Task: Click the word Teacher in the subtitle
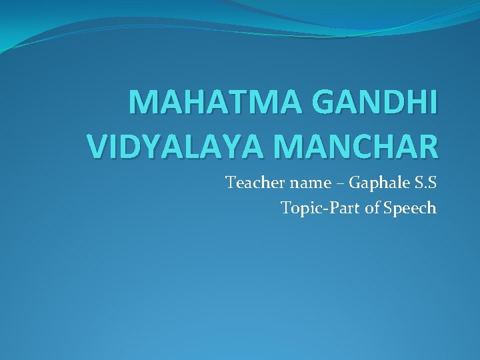pyautogui.click(x=251, y=182)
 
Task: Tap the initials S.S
pyautogui.click(x=423, y=182)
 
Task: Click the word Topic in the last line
pyautogui.click(x=298, y=208)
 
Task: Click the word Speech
pyautogui.click(x=410, y=209)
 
